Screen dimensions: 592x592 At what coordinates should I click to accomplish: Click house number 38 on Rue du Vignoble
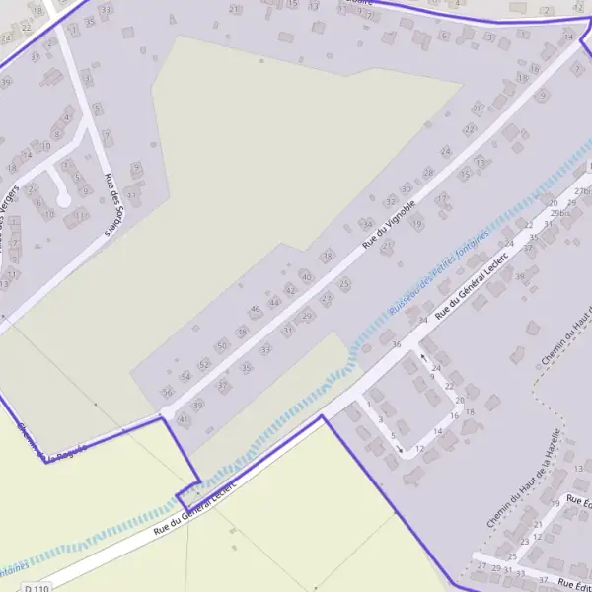(328, 257)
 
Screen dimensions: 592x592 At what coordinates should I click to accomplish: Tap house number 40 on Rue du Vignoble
(306, 277)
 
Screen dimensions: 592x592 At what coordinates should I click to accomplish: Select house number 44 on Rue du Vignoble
(274, 301)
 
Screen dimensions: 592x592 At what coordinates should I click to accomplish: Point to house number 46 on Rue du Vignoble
(256, 310)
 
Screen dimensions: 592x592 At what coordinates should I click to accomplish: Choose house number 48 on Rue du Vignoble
(242, 332)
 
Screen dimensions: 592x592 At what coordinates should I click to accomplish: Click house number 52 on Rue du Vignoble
(204, 364)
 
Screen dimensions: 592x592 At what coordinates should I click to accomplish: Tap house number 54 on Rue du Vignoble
(185, 377)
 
